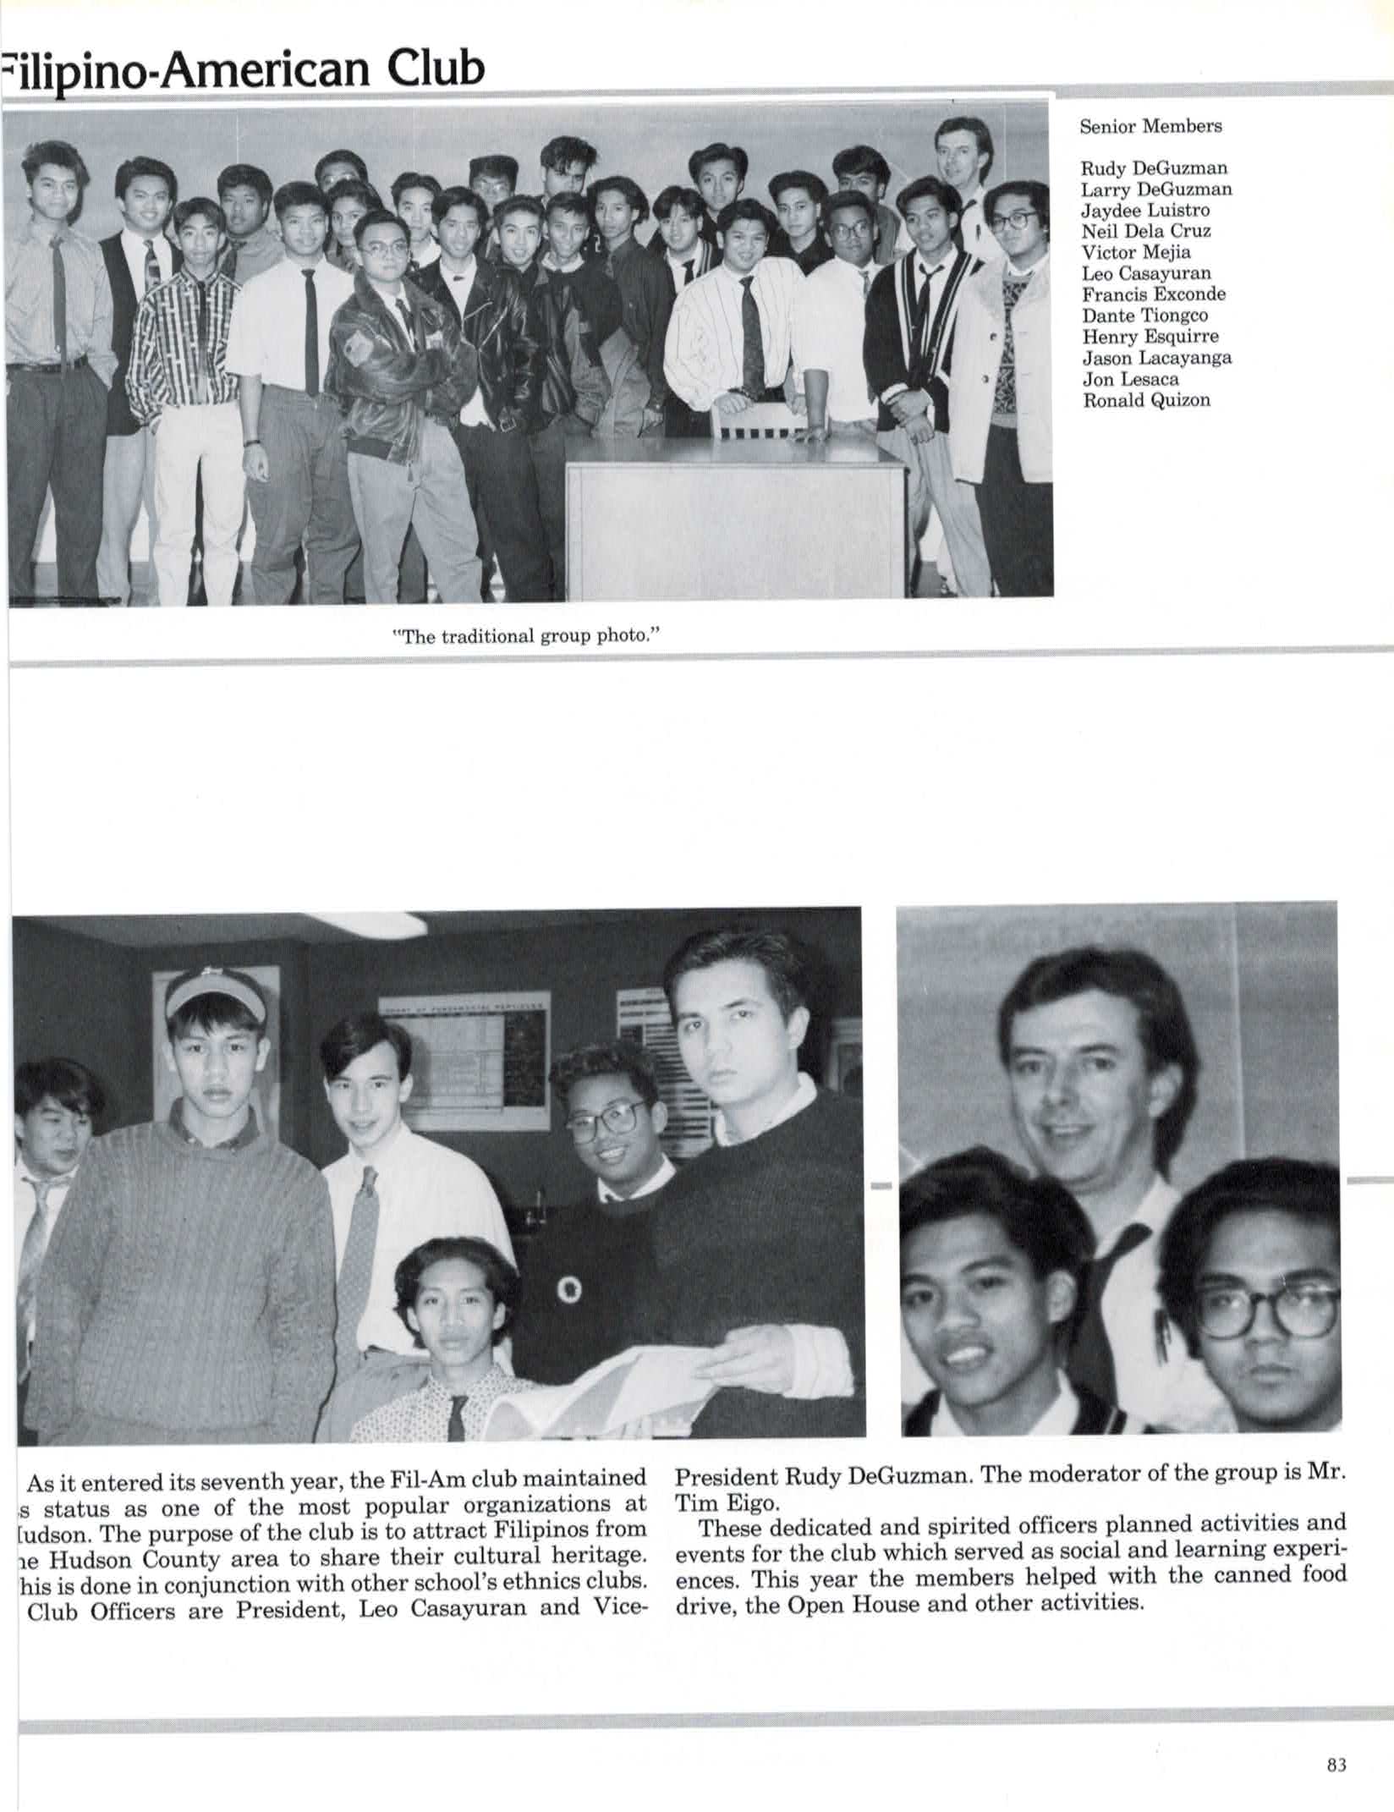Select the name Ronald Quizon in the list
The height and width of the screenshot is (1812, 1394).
(1146, 400)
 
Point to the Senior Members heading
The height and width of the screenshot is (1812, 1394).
(1150, 127)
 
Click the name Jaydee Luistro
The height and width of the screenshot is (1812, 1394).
(1145, 210)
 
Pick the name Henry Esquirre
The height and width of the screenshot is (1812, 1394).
(1150, 337)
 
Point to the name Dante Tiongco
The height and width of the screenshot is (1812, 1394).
(1144, 316)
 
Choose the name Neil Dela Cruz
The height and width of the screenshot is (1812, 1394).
(1146, 231)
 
